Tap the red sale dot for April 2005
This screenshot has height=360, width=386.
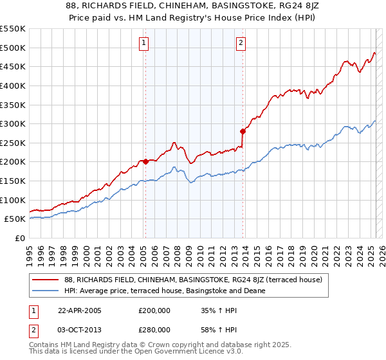click(x=145, y=161)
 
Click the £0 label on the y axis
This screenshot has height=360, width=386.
click(x=19, y=238)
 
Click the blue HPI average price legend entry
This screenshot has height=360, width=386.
click(x=174, y=291)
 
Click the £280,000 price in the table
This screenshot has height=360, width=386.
click(x=154, y=329)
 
